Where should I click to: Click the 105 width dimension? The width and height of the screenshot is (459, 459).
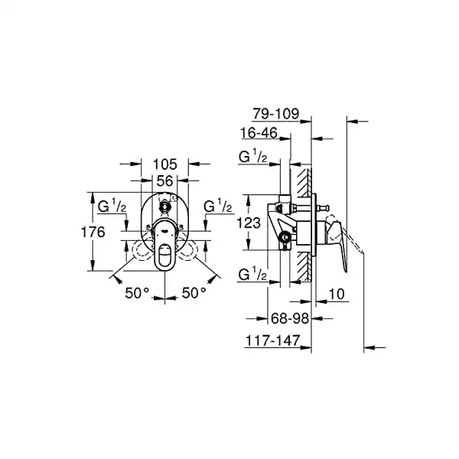click(x=165, y=164)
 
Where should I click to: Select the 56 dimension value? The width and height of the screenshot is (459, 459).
click(x=164, y=181)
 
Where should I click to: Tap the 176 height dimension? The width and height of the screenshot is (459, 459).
click(x=93, y=232)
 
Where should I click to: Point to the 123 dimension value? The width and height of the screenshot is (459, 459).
click(x=249, y=223)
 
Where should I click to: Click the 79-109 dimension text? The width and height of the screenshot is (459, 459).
click(x=276, y=113)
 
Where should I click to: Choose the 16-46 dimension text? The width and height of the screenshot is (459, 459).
click(x=259, y=133)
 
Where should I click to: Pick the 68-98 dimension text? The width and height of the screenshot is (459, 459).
click(x=290, y=318)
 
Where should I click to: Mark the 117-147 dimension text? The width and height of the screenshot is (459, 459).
click(x=273, y=340)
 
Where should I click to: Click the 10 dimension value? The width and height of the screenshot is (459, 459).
click(x=337, y=294)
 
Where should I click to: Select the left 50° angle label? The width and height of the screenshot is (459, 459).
click(x=137, y=293)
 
